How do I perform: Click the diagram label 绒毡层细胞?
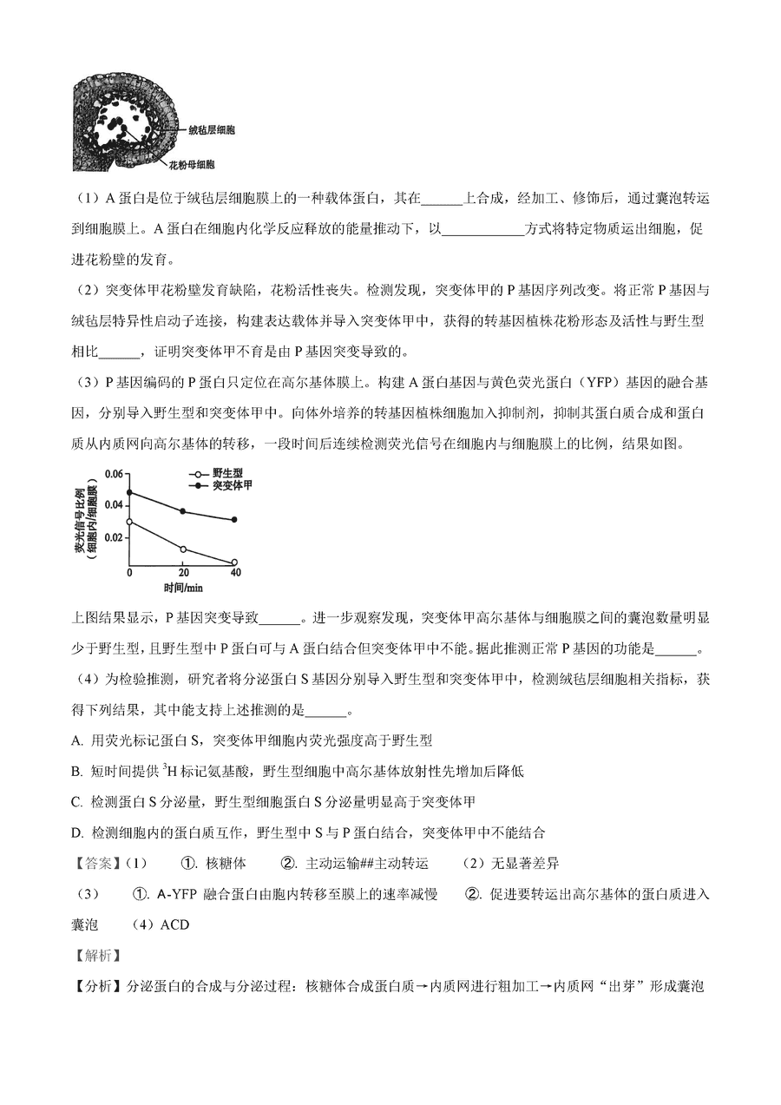[212, 130]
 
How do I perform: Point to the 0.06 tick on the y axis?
[114, 474]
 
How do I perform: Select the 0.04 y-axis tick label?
[114, 505]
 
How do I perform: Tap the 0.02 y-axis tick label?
[114, 537]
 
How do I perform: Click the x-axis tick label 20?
[183, 574]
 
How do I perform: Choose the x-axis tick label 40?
[235, 574]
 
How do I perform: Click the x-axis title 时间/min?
[182, 588]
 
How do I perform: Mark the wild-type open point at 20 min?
[183, 549]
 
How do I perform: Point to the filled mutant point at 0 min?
[130, 492]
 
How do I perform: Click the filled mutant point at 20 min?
[183, 511]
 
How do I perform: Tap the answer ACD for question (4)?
[174, 924]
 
